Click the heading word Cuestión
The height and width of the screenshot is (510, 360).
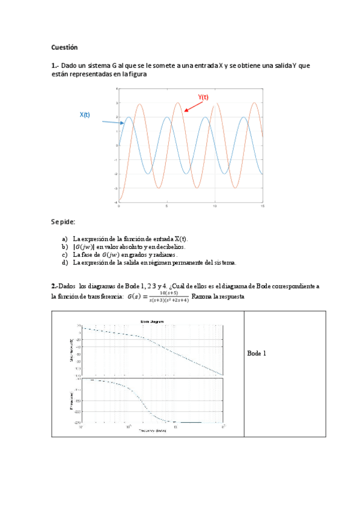pyautogui.click(x=64, y=47)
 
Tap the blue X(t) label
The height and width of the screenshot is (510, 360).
pyautogui.click(x=85, y=115)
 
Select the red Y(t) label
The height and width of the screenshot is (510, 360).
pyautogui.click(x=203, y=97)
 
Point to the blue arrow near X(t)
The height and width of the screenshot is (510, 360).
pyautogui.click(x=112, y=123)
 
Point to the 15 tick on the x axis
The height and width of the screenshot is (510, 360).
pyautogui.click(x=263, y=206)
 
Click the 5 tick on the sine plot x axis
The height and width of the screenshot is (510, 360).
pyautogui.click(x=167, y=206)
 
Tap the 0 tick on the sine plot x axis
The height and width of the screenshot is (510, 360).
pyautogui.click(x=119, y=206)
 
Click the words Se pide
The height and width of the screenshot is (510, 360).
pyautogui.click(x=63, y=222)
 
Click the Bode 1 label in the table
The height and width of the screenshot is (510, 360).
pyautogui.click(x=257, y=353)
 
